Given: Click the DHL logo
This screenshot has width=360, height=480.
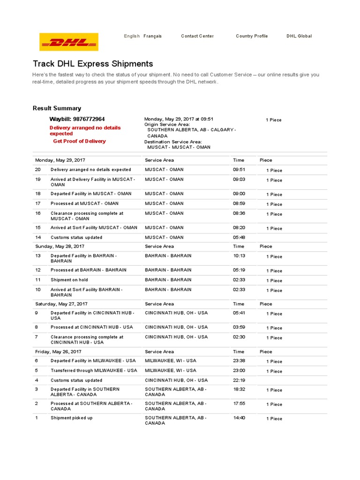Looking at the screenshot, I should pyautogui.click(x=69, y=42).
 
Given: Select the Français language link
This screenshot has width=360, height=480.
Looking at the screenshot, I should pyautogui.click(x=152, y=36).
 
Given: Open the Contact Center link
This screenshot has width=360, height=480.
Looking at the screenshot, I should pyautogui.click(x=197, y=36).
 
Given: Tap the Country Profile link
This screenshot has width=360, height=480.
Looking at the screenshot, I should pyautogui.click(x=252, y=36).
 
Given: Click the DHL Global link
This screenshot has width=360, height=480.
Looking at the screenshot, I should pyautogui.click(x=299, y=36).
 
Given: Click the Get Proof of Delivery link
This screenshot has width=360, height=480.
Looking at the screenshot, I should pyautogui.click(x=79, y=141).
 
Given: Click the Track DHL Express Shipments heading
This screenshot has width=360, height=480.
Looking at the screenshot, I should pyautogui.click(x=93, y=64).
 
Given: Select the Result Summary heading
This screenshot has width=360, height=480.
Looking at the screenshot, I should pyautogui.click(x=57, y=108).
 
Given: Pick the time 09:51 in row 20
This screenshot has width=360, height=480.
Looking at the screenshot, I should pyautogui.click(x=239, y=170).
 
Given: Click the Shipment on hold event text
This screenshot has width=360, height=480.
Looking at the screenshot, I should pyautogui.click(x=69, y=280).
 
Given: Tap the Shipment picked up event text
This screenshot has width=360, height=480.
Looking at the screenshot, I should pyautogui.click(x=72, y=418).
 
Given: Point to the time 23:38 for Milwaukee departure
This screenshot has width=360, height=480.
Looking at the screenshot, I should pyautogui.click(x=239, y=361).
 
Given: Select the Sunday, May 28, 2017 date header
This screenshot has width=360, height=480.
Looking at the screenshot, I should pyautogui.click(x=60, y=246).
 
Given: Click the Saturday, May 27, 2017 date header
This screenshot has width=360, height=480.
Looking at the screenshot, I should pyautogui.click(x=61, y=304).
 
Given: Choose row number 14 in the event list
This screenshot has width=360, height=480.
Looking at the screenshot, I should pyautogui.click(x=38, y=237).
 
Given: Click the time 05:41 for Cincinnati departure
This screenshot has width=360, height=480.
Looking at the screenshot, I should pyautogui.click(x=239, y=313).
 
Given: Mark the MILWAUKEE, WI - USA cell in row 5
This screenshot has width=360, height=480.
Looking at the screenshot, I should pyautogui.click(x=171, y=370).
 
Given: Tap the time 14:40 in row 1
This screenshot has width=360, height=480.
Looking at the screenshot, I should pyautogui.click(x=239, y=418).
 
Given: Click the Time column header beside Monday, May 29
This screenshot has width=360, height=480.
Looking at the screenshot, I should pyautogui.click(x=239, y=160).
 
